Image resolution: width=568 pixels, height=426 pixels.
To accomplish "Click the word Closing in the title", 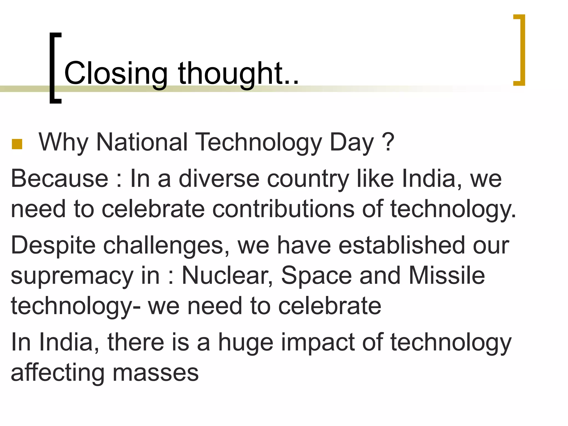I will (116, 73).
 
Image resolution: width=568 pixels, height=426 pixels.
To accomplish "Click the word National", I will (142, 142).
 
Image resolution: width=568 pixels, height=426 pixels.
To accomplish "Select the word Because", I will (60, 179).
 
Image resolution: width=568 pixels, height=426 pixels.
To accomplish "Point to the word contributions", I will (283, 209).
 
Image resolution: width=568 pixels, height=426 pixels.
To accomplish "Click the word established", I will (401, 245).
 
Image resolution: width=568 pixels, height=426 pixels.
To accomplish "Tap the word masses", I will (156, 373).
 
